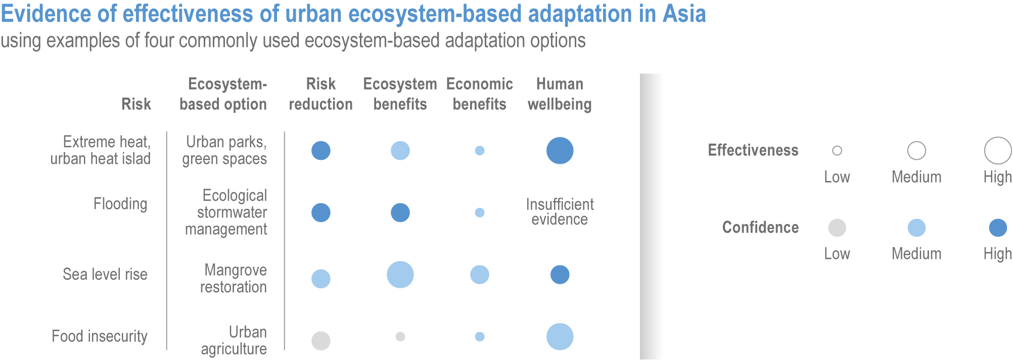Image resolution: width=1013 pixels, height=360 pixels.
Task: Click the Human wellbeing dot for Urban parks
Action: tap(560, 151)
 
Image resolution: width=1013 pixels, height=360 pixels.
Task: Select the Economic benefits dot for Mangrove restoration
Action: tap(480, 275)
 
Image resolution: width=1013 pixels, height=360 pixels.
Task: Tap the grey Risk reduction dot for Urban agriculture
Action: tap(321, 341)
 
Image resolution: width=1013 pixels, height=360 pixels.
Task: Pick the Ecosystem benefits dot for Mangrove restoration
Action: tap(400, 275)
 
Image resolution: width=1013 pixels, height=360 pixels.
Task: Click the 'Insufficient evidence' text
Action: tap(560, 212)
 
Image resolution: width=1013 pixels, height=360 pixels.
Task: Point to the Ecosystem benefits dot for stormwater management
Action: tap(400, 213)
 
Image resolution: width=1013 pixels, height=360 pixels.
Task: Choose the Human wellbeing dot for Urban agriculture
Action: tap(560, 337)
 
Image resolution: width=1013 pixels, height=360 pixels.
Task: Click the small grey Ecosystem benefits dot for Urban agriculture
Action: tap(400, 337)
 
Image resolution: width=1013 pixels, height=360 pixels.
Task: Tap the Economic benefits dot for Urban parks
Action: tap(480, 151)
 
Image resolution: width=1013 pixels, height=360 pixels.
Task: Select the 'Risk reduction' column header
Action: tap(320, 94)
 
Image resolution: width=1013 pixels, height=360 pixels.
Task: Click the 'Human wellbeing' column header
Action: tap(560, 94)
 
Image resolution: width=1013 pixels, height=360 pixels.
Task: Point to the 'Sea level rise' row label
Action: tap(105, 275)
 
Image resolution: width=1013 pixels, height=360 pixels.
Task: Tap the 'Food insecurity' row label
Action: tap(100, 336)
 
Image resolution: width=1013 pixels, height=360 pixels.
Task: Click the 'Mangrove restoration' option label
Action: tap(234, 279)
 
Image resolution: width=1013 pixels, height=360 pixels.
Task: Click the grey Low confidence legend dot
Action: tap(837, 228)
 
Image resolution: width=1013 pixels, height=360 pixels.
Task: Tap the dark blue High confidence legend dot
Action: tap(998, 228)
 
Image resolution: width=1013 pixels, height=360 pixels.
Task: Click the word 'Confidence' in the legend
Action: tap(760, 228)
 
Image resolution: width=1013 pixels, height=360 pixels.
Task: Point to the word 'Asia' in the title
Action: tap(684, 14)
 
